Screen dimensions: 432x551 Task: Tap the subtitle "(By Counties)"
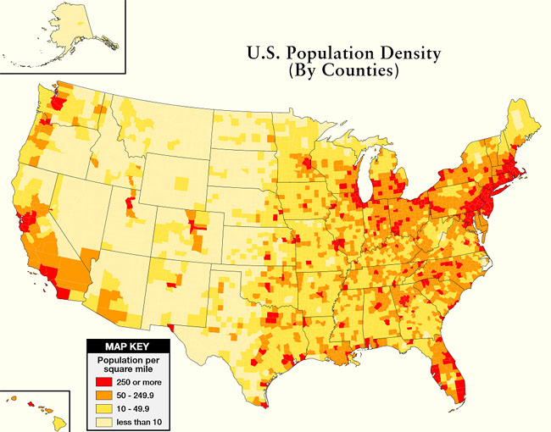343,73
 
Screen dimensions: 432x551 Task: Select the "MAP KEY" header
128,346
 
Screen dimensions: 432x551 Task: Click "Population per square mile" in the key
128,366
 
